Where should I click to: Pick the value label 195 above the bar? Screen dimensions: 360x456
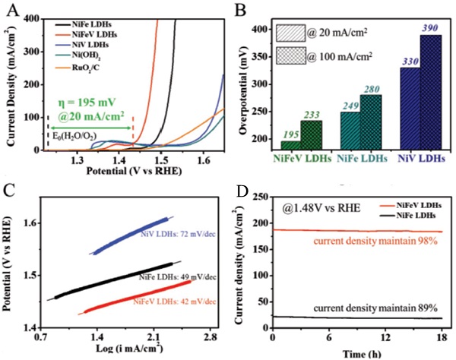tap(289, 134)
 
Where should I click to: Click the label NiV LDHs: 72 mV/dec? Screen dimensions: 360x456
tap(178, 235)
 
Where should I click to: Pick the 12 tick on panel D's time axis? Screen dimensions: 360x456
tap(385, 336)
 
